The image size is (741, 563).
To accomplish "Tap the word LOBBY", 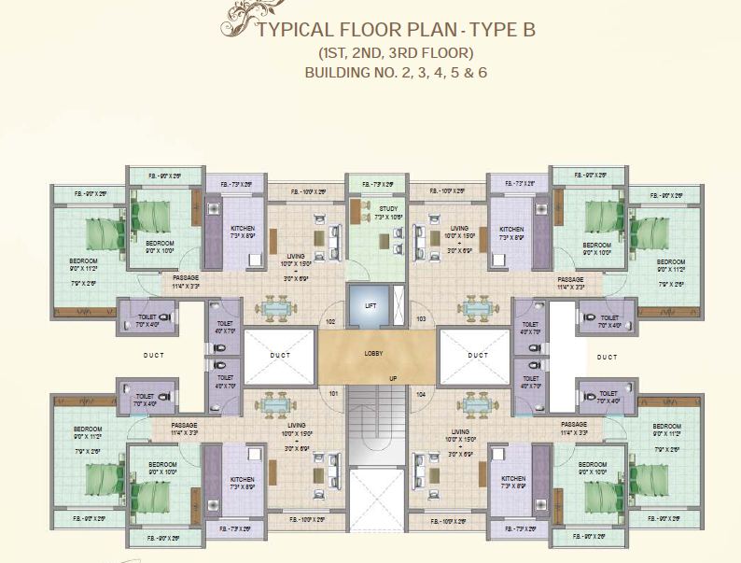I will pos(376,354).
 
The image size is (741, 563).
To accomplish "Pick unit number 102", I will pos(329,322).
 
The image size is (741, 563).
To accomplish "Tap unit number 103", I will pos(421,319).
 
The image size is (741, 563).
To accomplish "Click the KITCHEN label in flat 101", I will pos(242,479).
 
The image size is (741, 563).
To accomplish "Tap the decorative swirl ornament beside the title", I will pos(229,16).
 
